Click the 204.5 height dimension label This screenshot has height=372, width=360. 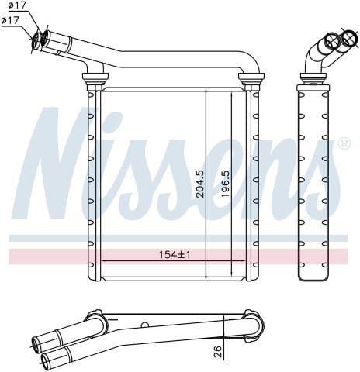[200, 183]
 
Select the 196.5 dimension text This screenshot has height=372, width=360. [224, 183]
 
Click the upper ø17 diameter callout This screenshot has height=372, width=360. [16, 7]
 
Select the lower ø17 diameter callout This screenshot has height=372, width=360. [11, 21]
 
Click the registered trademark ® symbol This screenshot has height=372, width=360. [344, 144]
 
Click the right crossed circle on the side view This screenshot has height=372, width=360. [349, 41]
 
